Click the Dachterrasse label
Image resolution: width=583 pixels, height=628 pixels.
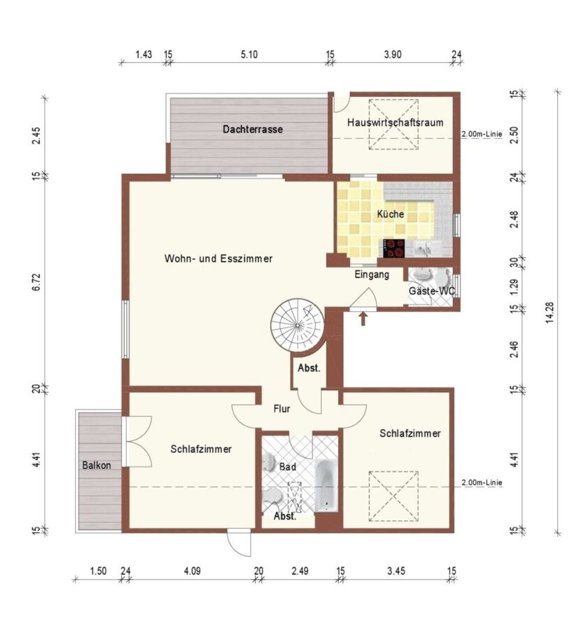click(252, 129)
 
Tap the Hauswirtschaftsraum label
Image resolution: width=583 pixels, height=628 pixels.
click(395, 122)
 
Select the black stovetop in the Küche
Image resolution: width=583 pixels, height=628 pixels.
click(394, 248)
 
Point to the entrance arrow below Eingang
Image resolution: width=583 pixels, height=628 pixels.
click(363, 319)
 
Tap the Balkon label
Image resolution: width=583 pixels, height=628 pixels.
click(96, 465)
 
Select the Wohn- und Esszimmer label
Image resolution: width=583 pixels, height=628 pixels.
click(218, 258)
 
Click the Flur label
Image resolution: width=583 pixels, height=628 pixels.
click(282, 408)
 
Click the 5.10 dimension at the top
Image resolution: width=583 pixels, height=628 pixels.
click(249, 54)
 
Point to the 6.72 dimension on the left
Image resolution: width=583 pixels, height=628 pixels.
click(36, 282)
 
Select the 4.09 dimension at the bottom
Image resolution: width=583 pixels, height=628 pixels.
click(192, 571)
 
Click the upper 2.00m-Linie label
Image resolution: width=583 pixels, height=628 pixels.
click(482, 134)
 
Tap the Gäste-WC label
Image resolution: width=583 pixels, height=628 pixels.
click(432, 291)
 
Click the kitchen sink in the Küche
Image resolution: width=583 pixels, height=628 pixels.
click(425, 249)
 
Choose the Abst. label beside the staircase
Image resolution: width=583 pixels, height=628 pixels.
click(309, 368)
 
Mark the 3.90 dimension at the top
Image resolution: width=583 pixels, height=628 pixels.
click(393, 54)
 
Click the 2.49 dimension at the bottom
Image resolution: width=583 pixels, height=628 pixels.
click(300, 571)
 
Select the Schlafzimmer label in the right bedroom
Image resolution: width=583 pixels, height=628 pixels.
click(410, 433)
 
